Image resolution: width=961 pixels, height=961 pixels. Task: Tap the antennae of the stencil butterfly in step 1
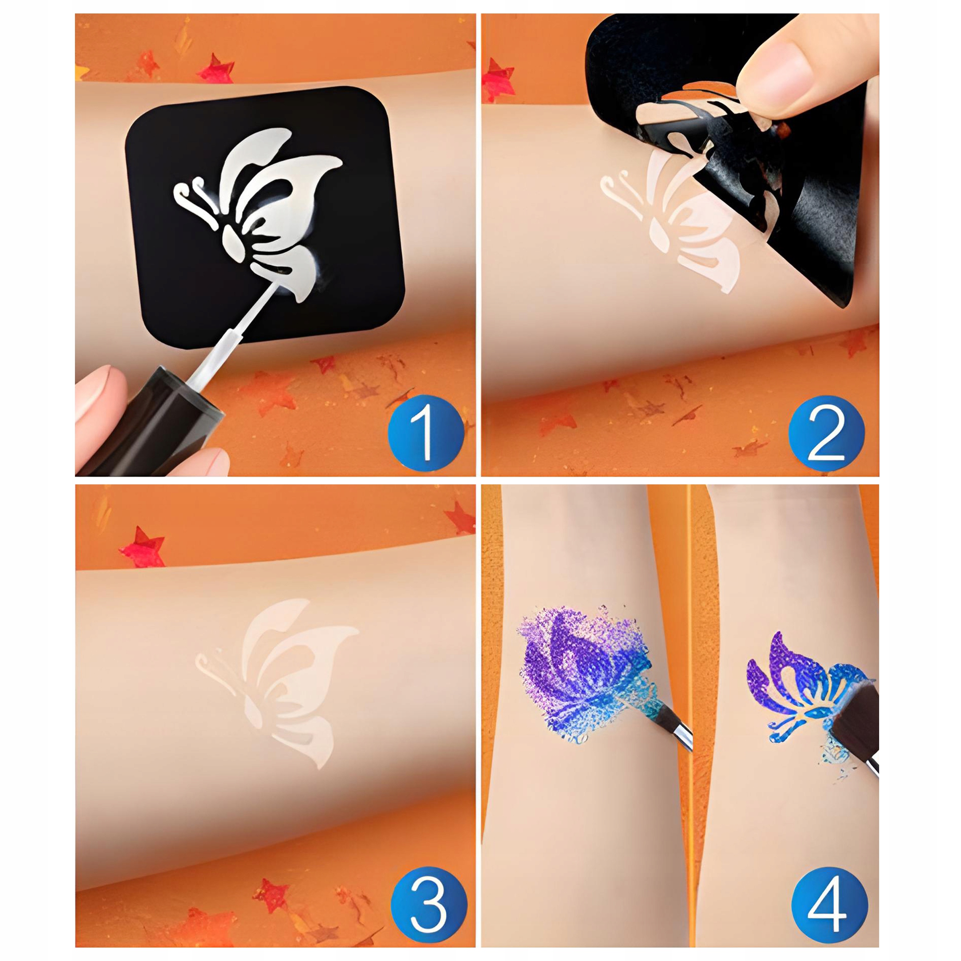point(194,199)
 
